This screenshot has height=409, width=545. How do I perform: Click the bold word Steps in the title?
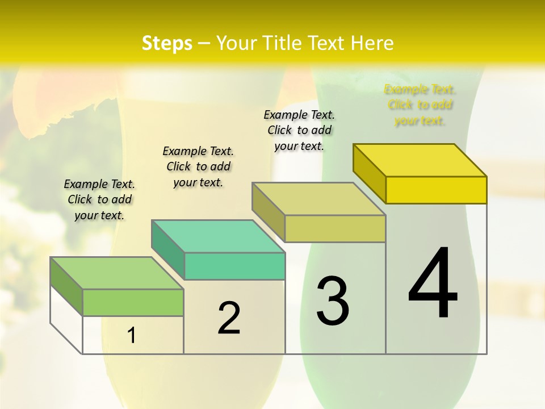point(167,43)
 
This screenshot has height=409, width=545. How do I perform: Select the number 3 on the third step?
point(333,301)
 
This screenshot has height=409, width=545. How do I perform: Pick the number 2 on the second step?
point(229,318)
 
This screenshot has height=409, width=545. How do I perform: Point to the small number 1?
point(132,335)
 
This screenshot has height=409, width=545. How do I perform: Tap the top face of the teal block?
point(218,236)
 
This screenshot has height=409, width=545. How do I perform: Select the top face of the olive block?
point(319,199)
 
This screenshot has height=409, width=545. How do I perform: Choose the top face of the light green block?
point(117,273)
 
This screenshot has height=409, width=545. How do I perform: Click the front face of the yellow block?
point(436,190)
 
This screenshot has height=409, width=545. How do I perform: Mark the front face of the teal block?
point(234,266)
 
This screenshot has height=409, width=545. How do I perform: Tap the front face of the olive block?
point(335,228)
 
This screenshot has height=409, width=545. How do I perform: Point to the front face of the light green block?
point(133,302)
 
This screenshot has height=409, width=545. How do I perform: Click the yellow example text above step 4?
point(420,105)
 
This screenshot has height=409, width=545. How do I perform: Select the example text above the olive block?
point(299,130)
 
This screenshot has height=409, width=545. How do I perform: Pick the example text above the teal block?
point(198,166)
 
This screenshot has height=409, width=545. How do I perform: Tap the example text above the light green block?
point(99,199)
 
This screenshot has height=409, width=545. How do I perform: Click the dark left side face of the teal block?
point(168,249)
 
